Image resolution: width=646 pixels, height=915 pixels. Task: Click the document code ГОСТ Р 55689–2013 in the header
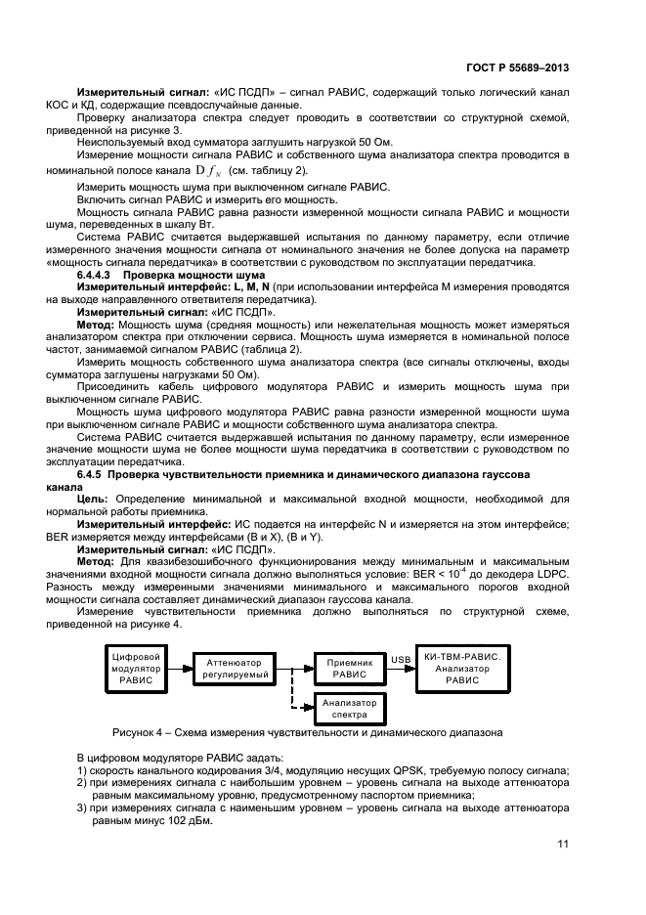click(519, 69)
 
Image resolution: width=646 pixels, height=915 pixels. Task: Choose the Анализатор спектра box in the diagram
click(349, 708)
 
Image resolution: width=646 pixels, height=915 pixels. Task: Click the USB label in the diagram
click(401, 659)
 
